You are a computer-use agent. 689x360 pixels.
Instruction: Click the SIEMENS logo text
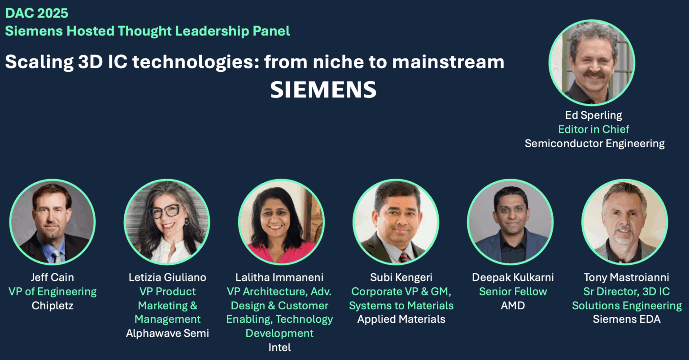coord(323,90)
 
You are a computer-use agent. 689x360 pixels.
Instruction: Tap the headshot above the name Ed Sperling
coord(592,62)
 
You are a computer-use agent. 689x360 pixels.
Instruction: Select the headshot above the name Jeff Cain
coord(52,222)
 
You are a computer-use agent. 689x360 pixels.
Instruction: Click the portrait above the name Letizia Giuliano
coord(167,222)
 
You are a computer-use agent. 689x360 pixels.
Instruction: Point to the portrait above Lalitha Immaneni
coord(281,222)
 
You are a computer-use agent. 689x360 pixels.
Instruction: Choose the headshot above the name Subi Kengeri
coord(396,222)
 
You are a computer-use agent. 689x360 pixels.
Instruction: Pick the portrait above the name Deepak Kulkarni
coord(510,222)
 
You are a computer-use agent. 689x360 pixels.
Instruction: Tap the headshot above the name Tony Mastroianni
coord(625,222)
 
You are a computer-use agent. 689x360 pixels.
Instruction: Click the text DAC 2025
coord(37,13)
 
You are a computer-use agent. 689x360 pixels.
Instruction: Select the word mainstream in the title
coord(448,62)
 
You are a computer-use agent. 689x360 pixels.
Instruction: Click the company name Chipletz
coord(52,306)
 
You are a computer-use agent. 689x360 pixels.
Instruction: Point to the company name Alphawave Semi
coord(167,334)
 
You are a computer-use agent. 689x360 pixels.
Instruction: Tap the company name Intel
coord(279,347)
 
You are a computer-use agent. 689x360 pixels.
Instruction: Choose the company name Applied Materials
coord(401,320)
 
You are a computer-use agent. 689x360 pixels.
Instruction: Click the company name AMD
coord(513,306)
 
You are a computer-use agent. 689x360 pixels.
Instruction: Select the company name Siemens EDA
coord(627,320)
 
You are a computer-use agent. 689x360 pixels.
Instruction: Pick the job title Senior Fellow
coord(513,292)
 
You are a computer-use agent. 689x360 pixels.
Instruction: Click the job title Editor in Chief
coord(593,129)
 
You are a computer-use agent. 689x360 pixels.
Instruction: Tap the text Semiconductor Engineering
coord(594,144)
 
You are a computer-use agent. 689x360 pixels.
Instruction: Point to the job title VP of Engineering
coord(52,292)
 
